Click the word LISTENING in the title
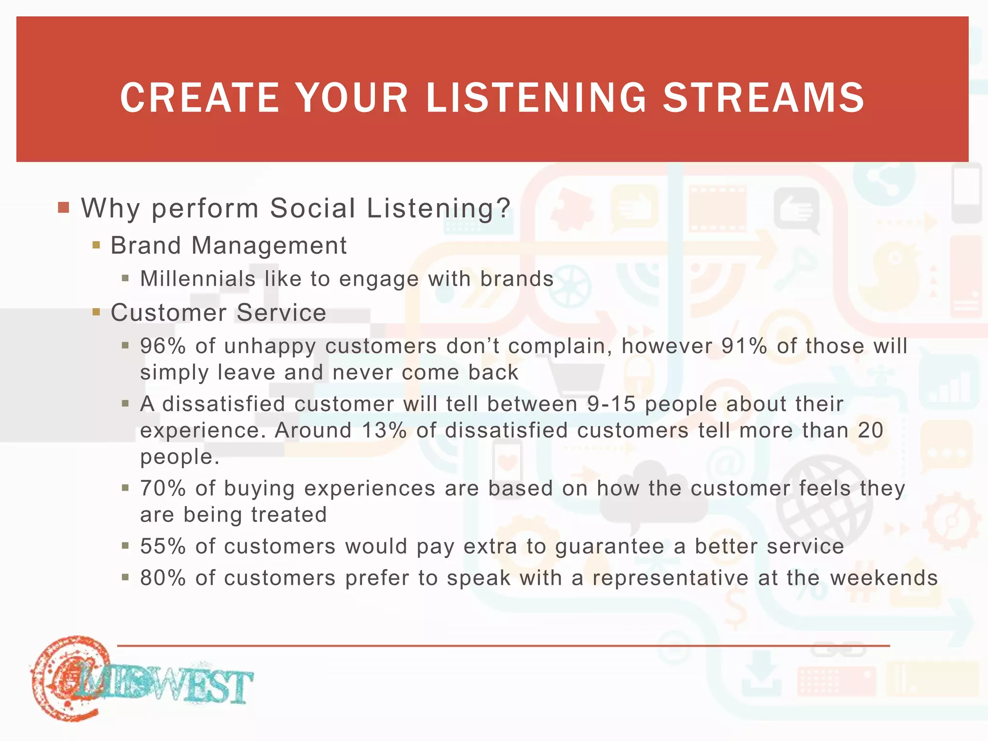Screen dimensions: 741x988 click(535, 98)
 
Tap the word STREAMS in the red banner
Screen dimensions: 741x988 click(764, 98)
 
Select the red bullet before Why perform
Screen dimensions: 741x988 click(64, 208)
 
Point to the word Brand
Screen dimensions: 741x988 click(145, 245)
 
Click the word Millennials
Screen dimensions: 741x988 click(198, 279)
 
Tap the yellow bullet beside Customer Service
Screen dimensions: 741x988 click(96, 312)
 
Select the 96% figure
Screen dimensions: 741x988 click(163, 346)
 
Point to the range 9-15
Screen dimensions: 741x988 click(611, 404)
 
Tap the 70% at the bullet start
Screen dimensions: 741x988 click(163, 488)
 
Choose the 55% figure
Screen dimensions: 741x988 click(163, 546)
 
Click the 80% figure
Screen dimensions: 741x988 click(163, 577)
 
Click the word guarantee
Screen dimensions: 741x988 click(609, 547)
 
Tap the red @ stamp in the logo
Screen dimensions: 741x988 click(70, 678)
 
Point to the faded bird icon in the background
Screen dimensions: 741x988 click(892, 277)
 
